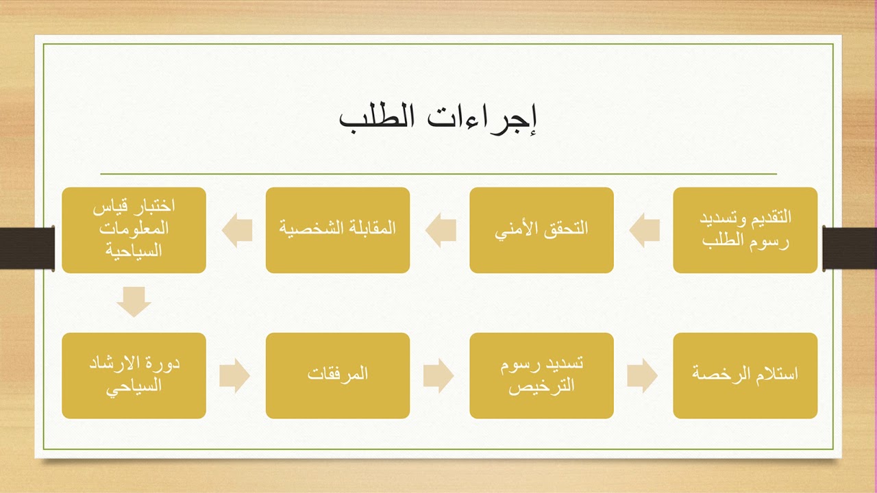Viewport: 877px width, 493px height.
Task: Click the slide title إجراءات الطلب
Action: pos(438,118)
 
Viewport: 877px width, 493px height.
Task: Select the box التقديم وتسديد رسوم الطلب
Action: pos(745,230)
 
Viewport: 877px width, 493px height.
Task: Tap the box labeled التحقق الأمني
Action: pos(541,230)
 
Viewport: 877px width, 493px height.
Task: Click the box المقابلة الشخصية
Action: pos(338,230)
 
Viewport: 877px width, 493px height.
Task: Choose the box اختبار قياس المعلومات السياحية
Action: pos(134,230)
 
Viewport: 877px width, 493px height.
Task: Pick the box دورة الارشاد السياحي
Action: pos(134,375)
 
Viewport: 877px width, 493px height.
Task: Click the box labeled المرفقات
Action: pos(338,375)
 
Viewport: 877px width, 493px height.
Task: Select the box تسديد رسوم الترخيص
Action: pos(541,375)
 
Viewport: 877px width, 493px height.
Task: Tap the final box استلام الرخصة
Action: pos(745,375)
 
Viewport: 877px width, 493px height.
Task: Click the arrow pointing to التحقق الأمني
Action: pos(643,230)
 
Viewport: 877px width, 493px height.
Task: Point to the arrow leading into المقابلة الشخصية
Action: pos(441,230)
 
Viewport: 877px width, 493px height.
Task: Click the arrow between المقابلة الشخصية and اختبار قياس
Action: pos(236,230)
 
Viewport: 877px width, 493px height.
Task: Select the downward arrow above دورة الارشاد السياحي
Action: pos(134,302)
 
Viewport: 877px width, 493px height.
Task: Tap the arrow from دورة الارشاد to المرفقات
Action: pos(235,376)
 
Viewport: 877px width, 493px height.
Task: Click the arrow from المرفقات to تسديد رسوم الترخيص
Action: pos(438,376)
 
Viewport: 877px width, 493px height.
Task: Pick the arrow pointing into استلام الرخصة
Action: pos(642,376)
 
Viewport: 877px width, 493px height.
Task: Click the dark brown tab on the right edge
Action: pos(850,247)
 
